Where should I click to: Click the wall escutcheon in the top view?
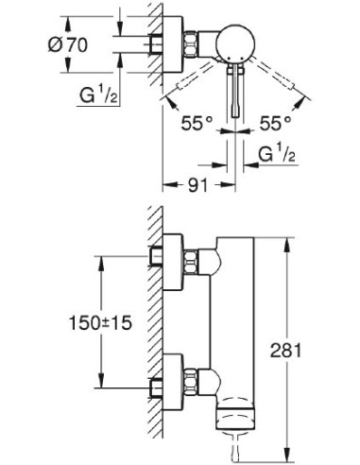coord(169,44)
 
